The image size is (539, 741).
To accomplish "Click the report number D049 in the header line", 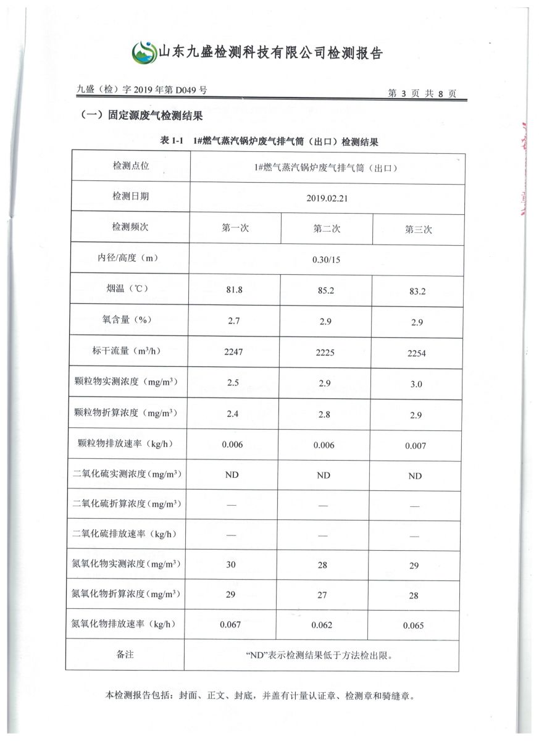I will (x=185, y=90).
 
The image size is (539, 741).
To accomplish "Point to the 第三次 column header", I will (x=418, y=229).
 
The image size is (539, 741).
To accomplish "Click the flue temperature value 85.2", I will (x=325, y=290).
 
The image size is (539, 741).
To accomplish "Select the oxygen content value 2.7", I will (x=233, y=320).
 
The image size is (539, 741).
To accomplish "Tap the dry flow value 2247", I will (x=233, y=351).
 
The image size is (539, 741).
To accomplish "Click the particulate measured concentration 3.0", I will (x=416, y=384).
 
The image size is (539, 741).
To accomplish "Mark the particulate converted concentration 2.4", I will (x=233, y=413).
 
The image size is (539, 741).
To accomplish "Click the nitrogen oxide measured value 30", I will (x=231, y=564).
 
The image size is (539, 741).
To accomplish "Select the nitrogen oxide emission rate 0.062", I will (x=322, y=625).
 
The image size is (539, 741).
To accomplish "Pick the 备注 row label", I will (x=125, y=655).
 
